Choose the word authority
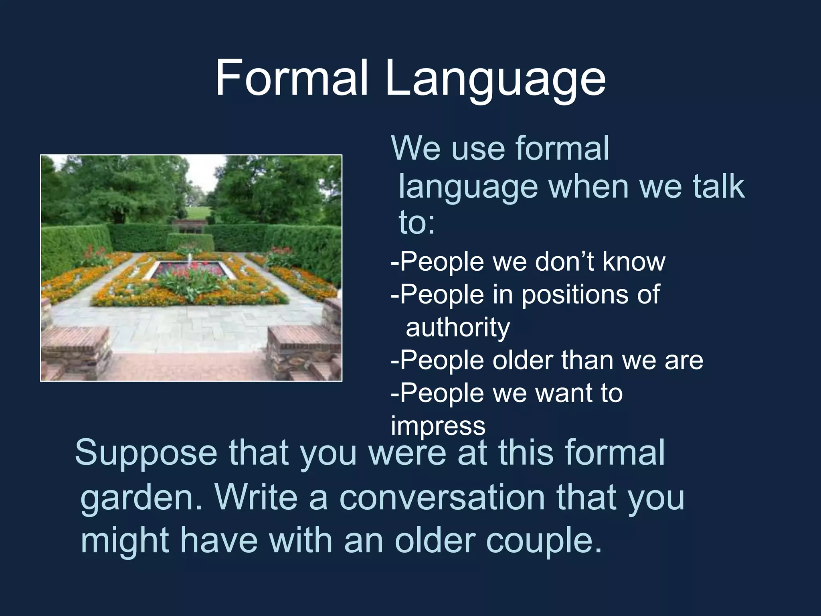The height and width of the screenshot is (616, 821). point(458,328)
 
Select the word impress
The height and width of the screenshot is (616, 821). point(438,426)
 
